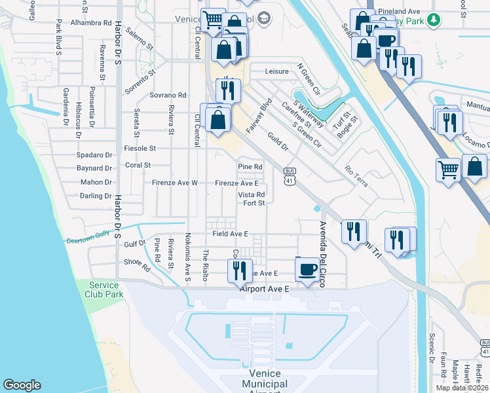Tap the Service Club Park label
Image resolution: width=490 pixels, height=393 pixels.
(x=104, y=290)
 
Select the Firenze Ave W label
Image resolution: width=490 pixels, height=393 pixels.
(x=175, y=183)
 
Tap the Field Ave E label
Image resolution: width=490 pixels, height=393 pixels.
(x=230, y=234)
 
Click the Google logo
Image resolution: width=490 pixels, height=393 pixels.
(x=22, y=385)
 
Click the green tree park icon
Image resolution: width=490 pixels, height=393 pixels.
(x=432, y=20)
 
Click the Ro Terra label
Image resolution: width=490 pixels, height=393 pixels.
(x=356, y=176)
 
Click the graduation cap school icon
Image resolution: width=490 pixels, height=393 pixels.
(x=263, y=18)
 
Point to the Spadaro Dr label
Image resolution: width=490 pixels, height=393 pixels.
(x=94, y=155)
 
